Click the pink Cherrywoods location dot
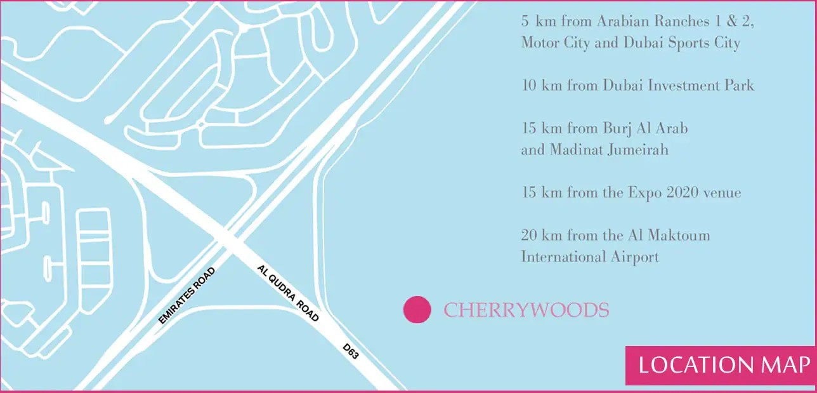(x=417, y=310)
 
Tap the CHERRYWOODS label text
(x=526, y=310)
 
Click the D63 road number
(x=351, y=352)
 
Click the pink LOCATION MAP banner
(x=723, y=365)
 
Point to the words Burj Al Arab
(x=645, y=128)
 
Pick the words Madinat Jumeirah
(x=610, y=150)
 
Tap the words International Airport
(x=590, y=257)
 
